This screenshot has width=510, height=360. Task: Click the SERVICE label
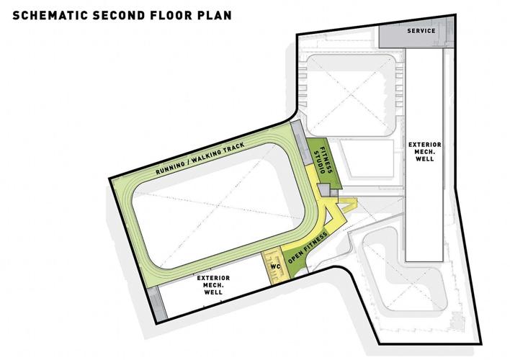[x=421, y=32]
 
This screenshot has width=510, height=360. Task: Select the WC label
[x=274, y=266]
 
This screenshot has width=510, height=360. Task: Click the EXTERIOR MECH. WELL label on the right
[x=424, y=150]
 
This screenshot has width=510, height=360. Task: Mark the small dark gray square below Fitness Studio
[x=325, y=189]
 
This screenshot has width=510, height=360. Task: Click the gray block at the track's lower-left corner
[x=159, y=302]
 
